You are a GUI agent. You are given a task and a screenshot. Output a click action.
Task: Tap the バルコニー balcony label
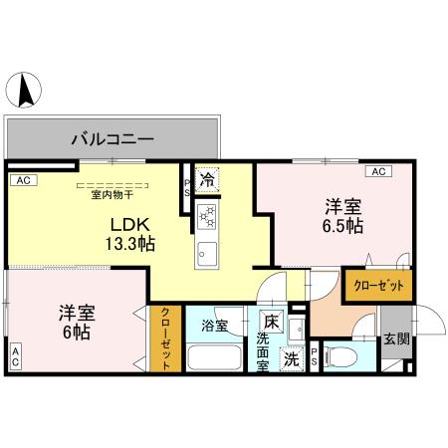(112, 140)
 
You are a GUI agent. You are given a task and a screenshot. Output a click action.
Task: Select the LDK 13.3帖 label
(130, 234)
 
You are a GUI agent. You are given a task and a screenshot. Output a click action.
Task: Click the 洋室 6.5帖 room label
(341, 216)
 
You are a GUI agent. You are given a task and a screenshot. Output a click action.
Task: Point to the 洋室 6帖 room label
(74, 321)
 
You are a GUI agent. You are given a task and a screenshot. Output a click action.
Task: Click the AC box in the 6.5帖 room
(377, 171)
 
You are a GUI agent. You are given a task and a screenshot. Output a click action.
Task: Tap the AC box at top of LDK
(22, 180)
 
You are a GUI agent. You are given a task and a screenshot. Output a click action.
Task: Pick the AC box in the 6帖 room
(15, 355)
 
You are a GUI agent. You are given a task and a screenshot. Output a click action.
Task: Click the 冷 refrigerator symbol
(206, 181)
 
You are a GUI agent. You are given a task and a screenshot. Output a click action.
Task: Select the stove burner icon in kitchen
(207, 214)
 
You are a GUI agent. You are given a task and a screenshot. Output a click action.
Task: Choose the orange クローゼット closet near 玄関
(378, 286)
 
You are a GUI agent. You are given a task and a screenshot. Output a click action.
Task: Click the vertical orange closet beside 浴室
(165, 337)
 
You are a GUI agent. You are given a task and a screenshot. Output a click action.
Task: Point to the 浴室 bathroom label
(215, 326)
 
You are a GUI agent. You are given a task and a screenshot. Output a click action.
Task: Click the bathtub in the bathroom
(215, 358)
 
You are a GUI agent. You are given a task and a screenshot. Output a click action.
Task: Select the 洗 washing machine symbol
(293, 358)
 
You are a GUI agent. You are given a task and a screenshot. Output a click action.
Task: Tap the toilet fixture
(337, 355)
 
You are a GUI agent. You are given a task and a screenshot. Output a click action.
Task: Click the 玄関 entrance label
(395, 338)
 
